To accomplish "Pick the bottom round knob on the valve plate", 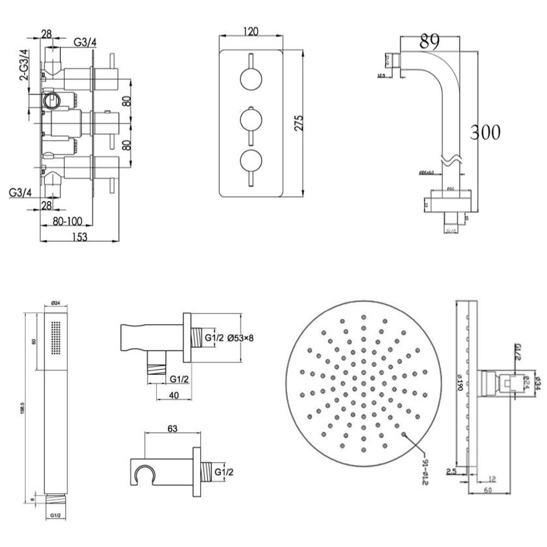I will click(x=251, y=160).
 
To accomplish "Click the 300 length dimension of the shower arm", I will click(x=485, y=132).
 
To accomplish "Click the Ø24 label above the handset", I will click(x=55, y=303).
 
